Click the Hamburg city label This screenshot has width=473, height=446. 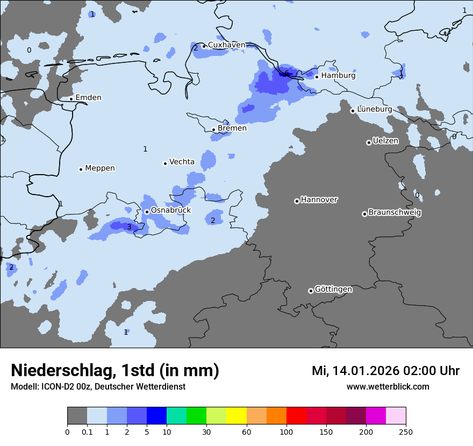click(x=338, y=76)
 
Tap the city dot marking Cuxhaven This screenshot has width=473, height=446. click(x=204, y=46)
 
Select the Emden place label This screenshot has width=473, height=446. click(x=88, y=98)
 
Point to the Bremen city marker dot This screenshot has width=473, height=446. click(x=213, y=130)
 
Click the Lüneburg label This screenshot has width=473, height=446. click(x=374, y=109)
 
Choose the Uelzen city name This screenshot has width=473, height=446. click(x=385, y=141)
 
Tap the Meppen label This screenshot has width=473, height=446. click(x=99, y=168)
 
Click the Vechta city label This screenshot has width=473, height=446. click(x=182, y=162)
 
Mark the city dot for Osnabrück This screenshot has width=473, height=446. click(x=147, y=212)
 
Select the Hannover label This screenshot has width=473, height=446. click(x=319, y=200)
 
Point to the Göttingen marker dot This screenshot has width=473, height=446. click(x=311, y=291)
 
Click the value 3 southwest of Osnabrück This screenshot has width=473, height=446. click(x=129, y=227)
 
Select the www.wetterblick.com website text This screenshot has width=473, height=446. click(x=388, y=386)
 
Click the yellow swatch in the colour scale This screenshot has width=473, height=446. click(x=236, y=416)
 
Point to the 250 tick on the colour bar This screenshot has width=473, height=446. click(x=406, y=431)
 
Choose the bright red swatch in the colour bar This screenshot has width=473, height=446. click(x=296, y=416)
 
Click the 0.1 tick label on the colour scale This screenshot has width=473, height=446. click(x=87, y=431)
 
